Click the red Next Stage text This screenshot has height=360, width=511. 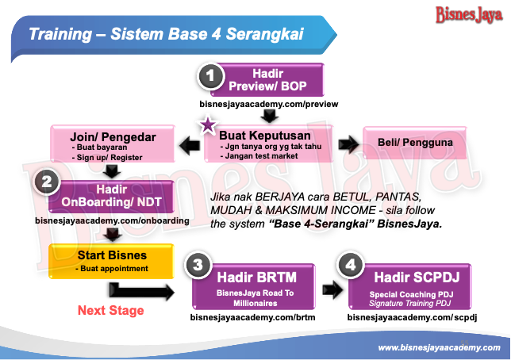pos(111,310)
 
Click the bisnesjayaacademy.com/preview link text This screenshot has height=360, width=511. pos(262,105)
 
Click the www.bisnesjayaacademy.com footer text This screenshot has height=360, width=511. pos(439,347)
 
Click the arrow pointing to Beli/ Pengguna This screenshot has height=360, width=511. pos(347,144)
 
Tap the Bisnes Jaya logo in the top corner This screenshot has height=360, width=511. pos(468,14)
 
